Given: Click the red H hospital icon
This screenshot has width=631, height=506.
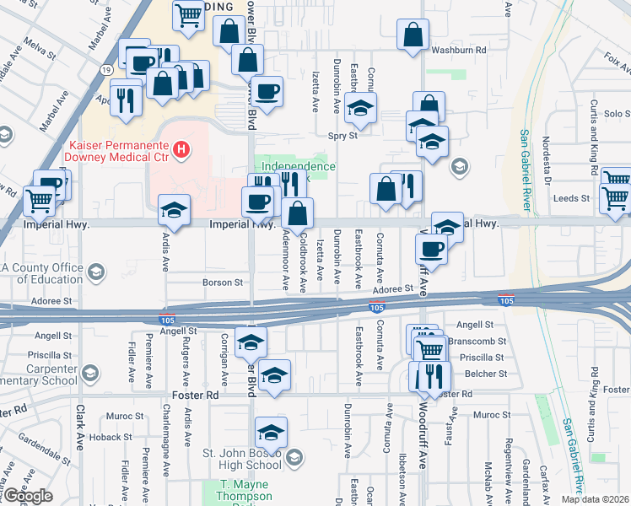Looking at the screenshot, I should pos(180,150).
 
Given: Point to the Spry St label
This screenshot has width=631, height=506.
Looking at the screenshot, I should pos(343,135).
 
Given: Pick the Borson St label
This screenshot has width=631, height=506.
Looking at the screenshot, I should pos(223,283).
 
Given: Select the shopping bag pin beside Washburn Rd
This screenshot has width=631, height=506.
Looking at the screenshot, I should pos(413,37).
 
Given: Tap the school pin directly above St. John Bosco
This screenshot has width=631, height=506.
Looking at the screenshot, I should pos(271,432).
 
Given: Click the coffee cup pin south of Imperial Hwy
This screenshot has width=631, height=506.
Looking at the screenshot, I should pos(432,249).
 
